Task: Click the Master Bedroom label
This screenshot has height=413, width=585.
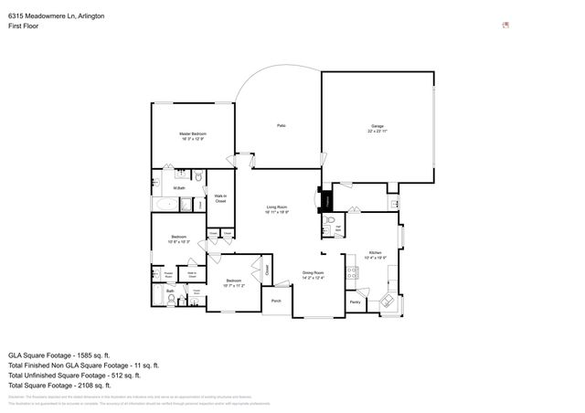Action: [191, 136]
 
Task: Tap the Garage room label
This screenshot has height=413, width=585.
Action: [377, 127]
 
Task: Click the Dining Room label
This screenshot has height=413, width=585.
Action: [314, 274]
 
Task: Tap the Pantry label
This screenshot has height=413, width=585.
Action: [356, 301]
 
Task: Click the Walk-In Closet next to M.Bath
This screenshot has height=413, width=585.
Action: [220, 198]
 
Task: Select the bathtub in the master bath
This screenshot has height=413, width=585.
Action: [165, 206]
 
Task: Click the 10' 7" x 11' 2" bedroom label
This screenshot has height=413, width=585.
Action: [233, 283]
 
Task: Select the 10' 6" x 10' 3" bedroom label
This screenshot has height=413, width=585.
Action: [179, 240]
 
